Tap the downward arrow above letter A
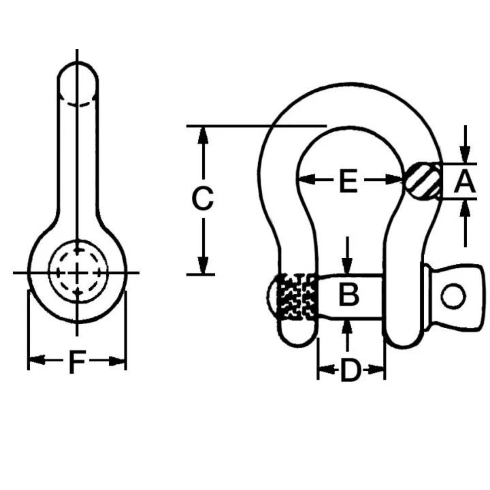(465, 154)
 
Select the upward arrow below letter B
(347, 330)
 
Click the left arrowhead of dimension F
(37, 360)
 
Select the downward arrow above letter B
(347, 265)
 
